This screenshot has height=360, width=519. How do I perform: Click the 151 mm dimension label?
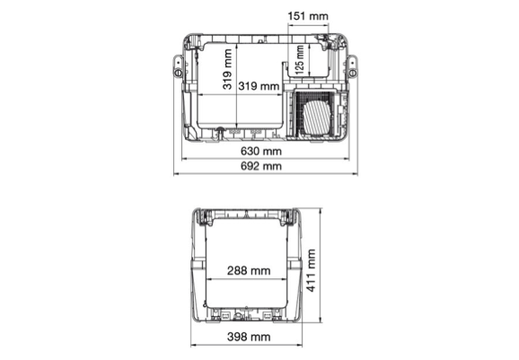coord(308,16)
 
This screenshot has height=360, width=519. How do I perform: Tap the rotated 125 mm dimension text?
coord(299,59)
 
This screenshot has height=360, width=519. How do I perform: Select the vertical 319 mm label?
coord(227,69)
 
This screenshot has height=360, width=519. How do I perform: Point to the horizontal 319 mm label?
coord(259,86)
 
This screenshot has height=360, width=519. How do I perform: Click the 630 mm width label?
coord(260,151)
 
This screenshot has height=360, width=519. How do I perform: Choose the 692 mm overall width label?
coord(260,166)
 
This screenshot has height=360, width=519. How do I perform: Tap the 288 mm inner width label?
coord(249,270)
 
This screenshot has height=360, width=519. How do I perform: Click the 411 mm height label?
coord(311,270)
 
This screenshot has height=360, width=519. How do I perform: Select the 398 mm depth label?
coord(249,337)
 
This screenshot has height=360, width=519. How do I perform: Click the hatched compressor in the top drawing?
coord(316,117)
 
